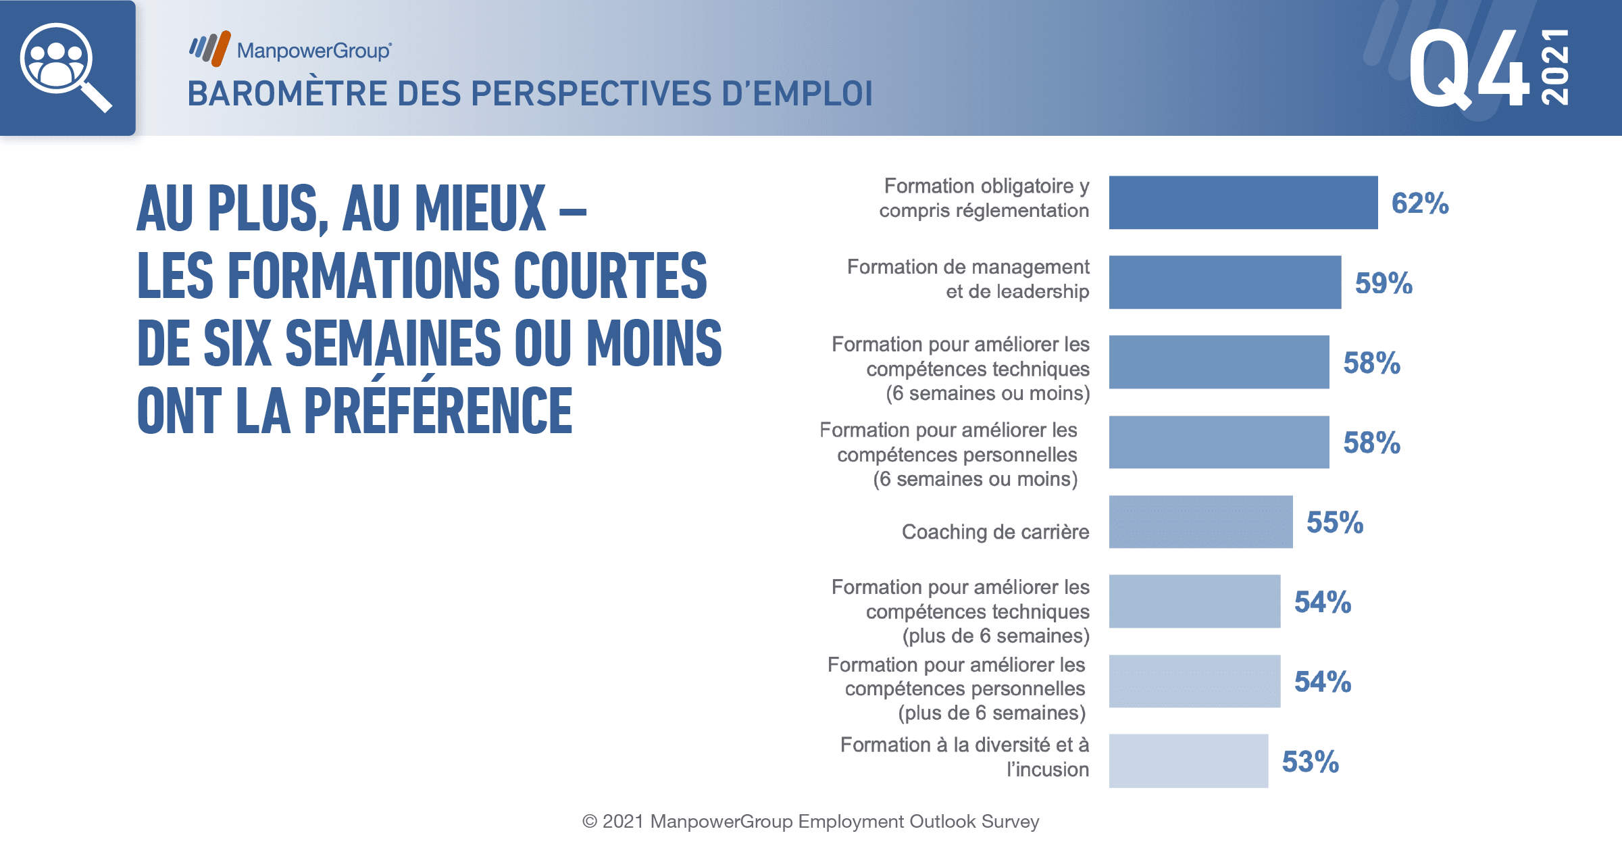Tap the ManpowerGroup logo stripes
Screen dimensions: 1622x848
[210, 49]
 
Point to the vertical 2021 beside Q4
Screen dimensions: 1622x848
[1554, 67]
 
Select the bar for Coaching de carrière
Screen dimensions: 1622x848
[1200, 522]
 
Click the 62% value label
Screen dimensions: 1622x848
[1420, 203]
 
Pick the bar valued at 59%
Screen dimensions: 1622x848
[1225, 282]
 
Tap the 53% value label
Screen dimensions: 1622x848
[1311, 762]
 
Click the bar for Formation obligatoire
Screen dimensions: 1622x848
[1243, 203]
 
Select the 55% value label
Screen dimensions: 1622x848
[1335, 522]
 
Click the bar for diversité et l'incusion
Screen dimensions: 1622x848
[1188, 761]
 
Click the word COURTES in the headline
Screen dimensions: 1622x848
[610, 275]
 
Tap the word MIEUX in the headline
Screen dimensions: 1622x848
[480, 208]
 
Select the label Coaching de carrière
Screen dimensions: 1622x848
[996, 532]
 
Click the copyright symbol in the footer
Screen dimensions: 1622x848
[590, 822]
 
